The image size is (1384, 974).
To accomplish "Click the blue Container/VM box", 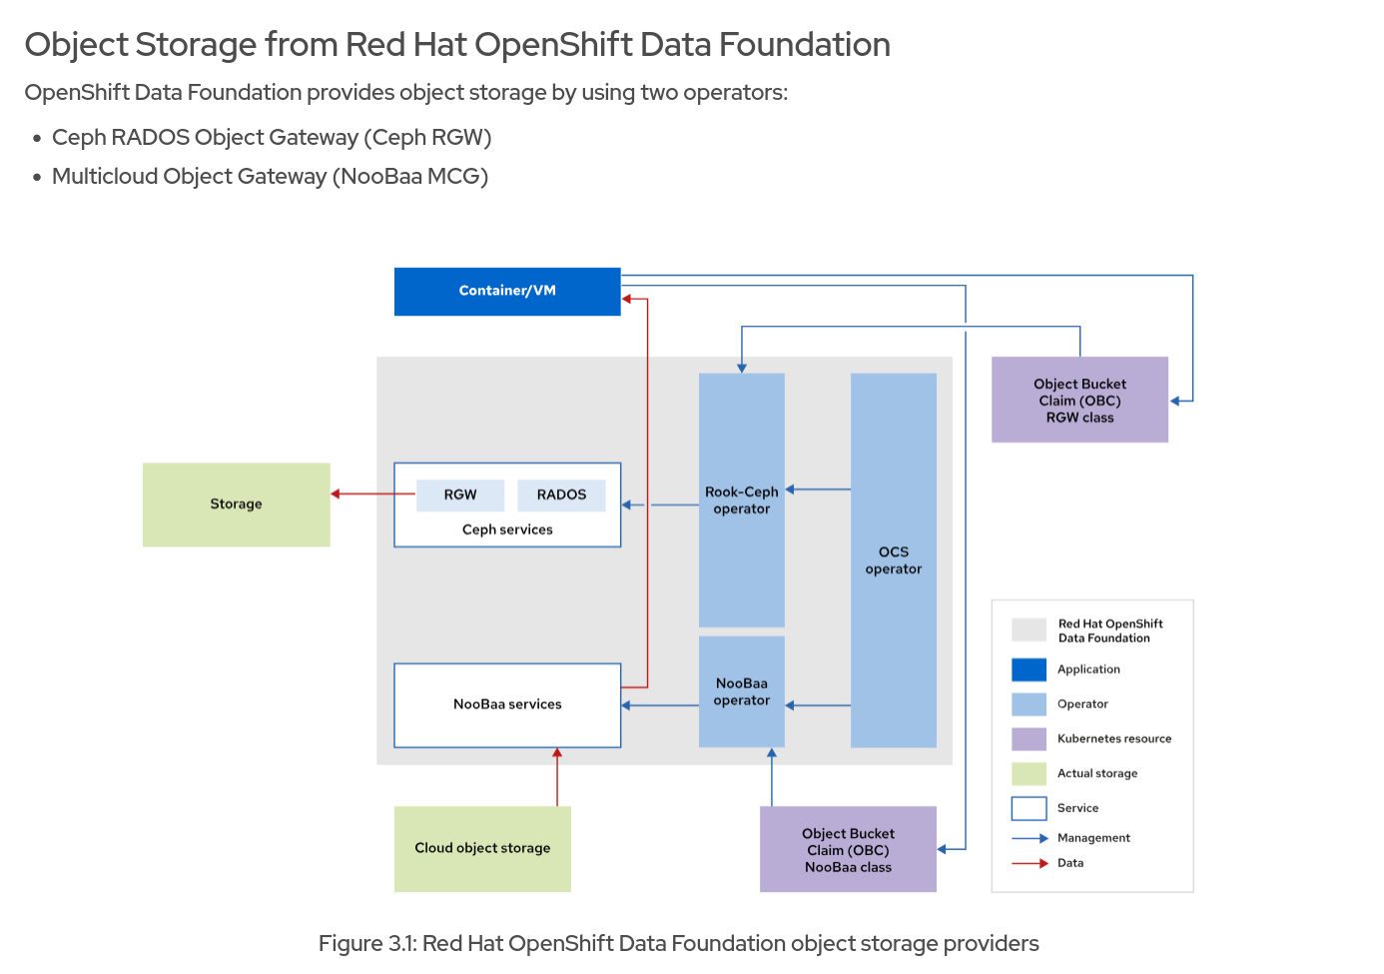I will click(x=507, y=291).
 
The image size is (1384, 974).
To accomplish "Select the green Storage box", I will click(x=236, y=504).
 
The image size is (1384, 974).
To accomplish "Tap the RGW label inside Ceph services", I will click(x=460, y=494).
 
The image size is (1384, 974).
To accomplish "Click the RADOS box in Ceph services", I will click(x=561, y=494).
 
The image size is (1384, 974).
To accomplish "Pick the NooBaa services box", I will click(x=507, y=704).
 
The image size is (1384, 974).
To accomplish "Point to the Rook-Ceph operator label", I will click(x=742, y=500).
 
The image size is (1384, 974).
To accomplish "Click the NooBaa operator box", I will click(x=742, y=691).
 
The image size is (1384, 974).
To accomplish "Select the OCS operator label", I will click(x=894, y=560).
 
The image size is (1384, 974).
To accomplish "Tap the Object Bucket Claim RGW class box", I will click(x=1079, y=401).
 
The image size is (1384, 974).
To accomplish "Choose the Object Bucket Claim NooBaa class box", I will click(x=848, y=850).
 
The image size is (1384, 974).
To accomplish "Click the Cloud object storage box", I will click(x=482, y=848).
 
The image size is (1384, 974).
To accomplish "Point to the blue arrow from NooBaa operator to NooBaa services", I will click(x=659, y=705).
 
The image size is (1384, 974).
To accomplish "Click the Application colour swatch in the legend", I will click(x=1029, y=669).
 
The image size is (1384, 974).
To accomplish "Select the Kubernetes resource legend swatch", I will click(x=1029, y=739).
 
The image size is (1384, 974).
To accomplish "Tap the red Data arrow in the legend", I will click(x=1030, y=863).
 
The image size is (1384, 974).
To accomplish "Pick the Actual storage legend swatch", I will click(x=1029, y=773).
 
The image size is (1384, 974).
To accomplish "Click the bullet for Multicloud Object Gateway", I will click(x=37, y=178).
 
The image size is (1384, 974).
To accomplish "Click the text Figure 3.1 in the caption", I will click(x=366, y=944).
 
